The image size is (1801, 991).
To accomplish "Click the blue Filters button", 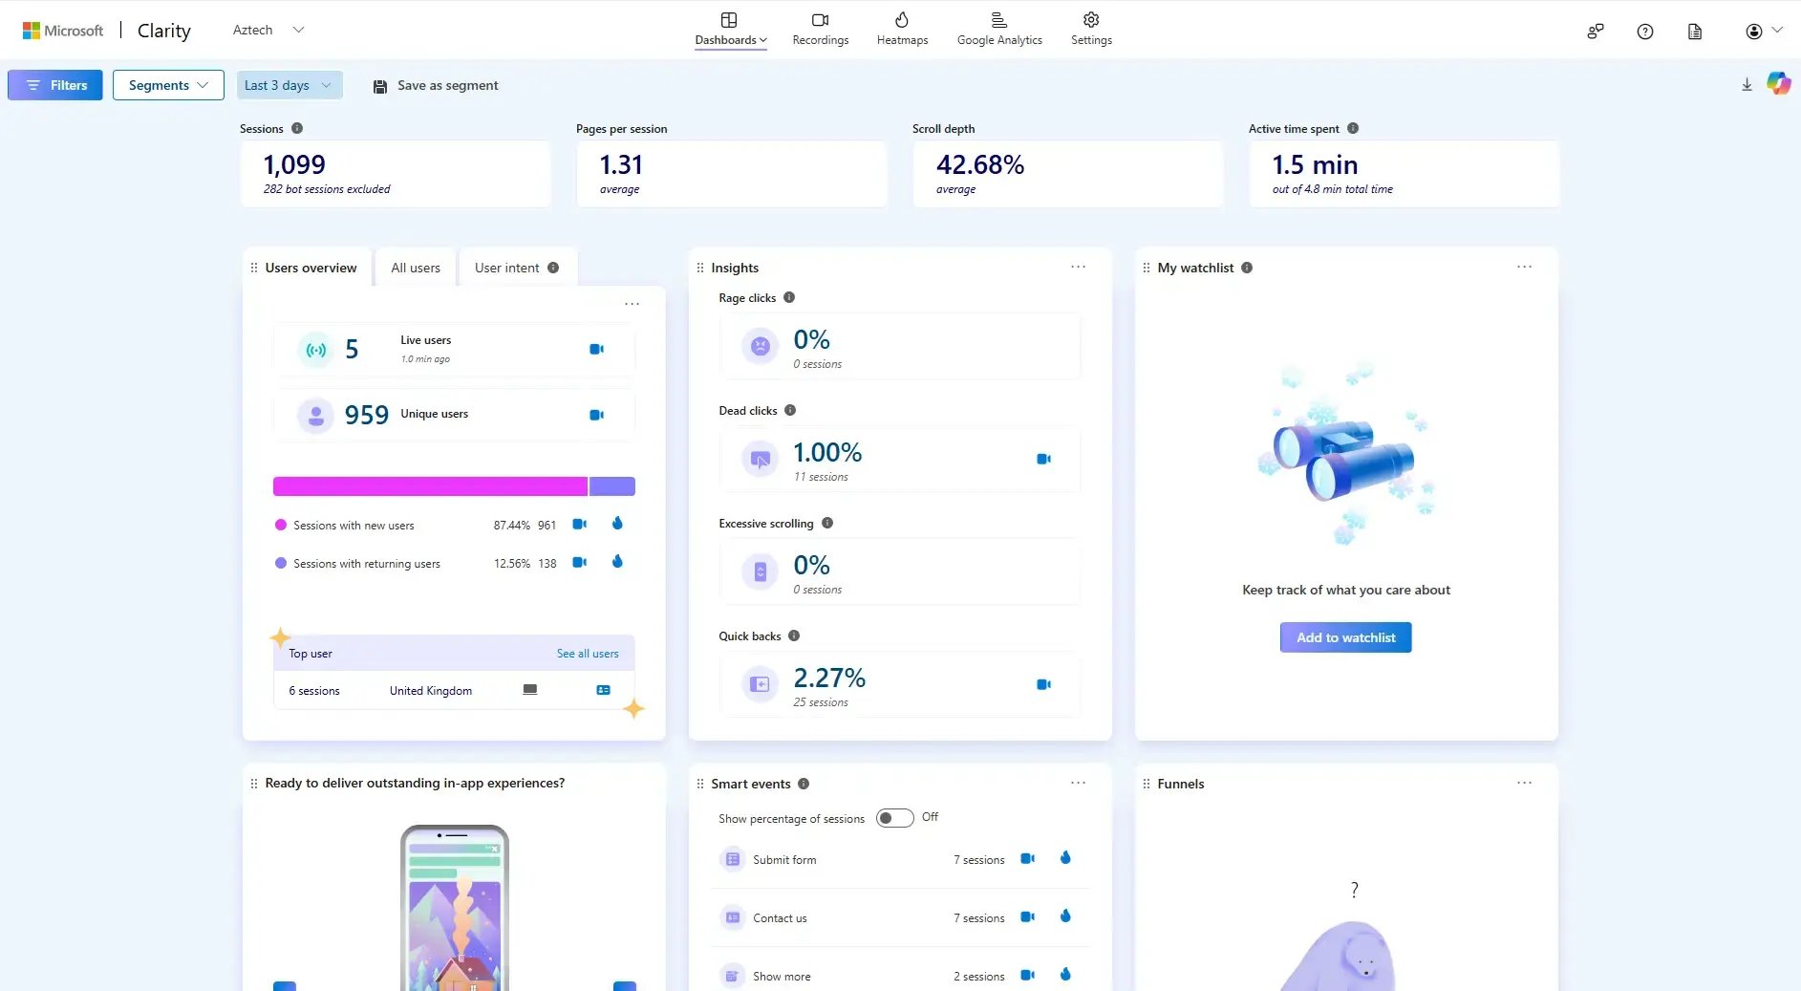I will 55,85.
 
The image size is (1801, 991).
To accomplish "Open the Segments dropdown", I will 168,85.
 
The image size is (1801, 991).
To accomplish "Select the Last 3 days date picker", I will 289,85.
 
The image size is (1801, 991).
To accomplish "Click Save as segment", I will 436,85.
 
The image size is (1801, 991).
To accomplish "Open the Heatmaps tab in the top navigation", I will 902,30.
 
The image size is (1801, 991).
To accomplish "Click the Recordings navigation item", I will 820,30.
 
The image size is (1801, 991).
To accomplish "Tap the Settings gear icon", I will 1091,21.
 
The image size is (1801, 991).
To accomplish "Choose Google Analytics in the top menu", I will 999,30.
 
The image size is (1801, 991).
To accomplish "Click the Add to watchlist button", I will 1345,637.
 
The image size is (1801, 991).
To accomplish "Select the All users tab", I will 416,268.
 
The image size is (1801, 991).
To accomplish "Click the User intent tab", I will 507,268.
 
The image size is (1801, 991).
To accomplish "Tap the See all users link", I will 588,654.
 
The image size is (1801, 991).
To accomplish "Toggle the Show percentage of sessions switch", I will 894,818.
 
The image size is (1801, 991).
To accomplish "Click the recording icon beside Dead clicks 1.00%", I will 1043,459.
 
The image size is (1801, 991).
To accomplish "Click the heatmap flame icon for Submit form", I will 1065,858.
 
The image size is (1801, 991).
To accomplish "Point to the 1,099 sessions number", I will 294,165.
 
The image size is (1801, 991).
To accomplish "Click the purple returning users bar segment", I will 612,486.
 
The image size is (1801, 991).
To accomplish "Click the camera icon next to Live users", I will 596,349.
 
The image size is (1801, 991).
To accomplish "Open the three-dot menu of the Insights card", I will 1078,267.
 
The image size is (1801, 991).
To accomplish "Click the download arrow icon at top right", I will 1747,85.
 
